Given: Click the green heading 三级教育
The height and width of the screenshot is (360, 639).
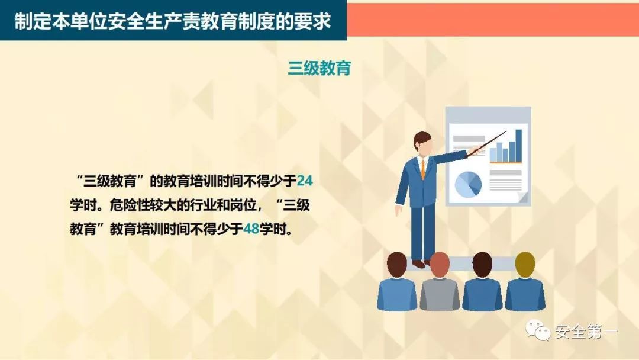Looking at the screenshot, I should point(319,68).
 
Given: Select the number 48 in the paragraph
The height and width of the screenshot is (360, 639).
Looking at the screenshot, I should point(251,229).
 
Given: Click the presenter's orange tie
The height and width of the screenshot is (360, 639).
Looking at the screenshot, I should point(422,168).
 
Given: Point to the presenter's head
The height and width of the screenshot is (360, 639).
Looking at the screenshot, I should point(423,143).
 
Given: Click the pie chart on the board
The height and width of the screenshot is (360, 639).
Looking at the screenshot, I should point(468,184).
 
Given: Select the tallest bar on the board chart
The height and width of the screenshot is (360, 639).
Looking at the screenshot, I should point(518,145).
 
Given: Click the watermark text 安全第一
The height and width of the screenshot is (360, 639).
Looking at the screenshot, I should point(586,332).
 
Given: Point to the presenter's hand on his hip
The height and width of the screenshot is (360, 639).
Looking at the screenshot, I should point(399,209).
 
